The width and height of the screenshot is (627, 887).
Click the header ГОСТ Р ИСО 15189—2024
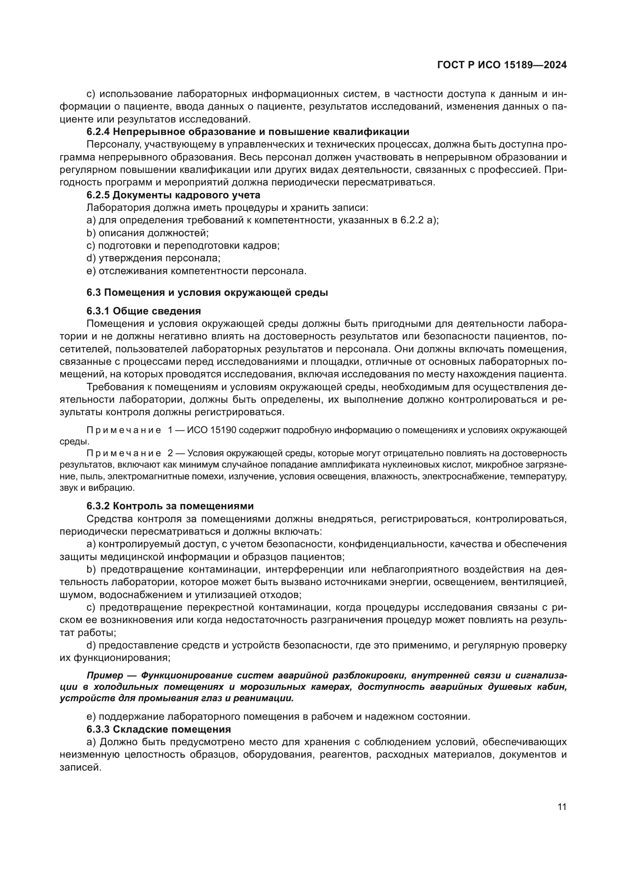click(x=502, y=65)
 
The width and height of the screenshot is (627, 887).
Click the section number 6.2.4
click(x=98, y=132)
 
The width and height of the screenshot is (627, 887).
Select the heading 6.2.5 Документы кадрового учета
click(x=173, y=195)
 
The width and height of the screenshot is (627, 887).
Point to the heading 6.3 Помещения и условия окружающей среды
click(x=207, y=292)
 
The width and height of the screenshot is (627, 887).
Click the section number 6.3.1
click(x=98, y=311)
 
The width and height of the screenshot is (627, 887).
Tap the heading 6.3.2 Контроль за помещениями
click(x=170, y=506)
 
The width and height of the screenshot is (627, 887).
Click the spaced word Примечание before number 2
click(x=124, y=453)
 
